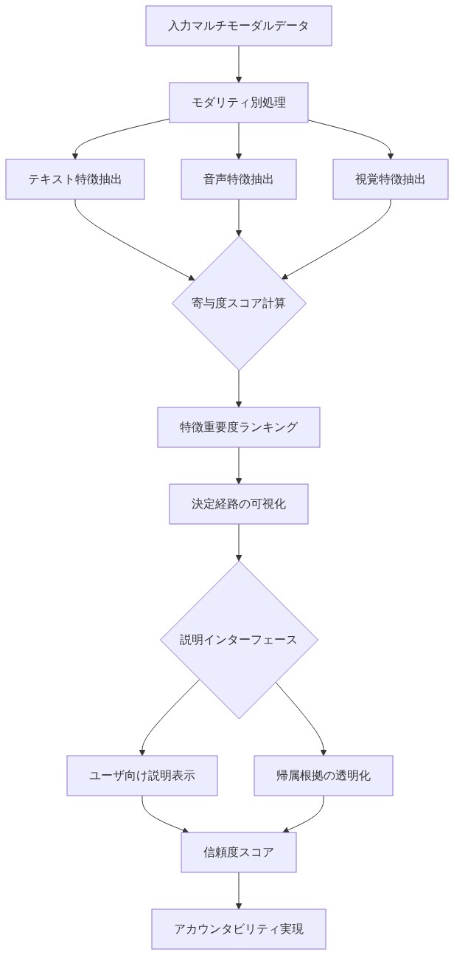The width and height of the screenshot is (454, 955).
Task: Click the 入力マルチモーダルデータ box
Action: pyautogui.click(x=238, y=26)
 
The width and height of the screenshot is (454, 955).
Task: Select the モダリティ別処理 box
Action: pyautogui.click(x=238, y=102)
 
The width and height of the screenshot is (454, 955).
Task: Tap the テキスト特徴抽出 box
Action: pyautogui.click(x=74, y=179)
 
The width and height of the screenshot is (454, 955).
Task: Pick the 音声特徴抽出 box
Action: pyautogui.click(x=238, y=179)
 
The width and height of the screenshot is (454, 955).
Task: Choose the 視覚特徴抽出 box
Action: pyautogui.click(x=390, y=179)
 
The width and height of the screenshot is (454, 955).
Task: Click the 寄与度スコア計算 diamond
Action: pyautogui.click(x=238, y=303)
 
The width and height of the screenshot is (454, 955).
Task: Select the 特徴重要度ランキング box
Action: pyautogui.click(x=238, y=427)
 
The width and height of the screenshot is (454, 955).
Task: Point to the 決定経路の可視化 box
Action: pyautogui.click(x=238, y=504)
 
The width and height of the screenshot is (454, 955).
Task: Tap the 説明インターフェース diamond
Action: pyautogui.click(x=238, y=639)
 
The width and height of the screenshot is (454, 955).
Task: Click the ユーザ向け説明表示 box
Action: pyautogui.click(x=142, y=776)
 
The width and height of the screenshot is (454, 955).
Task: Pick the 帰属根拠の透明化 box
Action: pyautogui.click(x=323, y=776)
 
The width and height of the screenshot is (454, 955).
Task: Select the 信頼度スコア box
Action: pyautogui.click(x=238, y=852)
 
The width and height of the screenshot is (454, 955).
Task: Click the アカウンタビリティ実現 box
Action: pyautogui.click(x=238, y=929)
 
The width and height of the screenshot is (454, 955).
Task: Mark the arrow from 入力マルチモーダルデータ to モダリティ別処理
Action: pyautogui.click(x=238, y=63)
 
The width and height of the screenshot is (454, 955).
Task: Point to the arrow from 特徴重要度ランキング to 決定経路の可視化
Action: pyautogui.click(x=238, y=465)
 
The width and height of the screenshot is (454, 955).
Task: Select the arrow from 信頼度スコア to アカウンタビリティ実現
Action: pyautogui.click(x=238, y=890)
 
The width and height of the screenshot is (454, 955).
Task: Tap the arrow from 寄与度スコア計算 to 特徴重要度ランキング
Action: pyautogui.click(x=238, y=388)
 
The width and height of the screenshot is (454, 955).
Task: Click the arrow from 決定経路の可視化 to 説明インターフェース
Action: pyautogui.click(x=238, y=542)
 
